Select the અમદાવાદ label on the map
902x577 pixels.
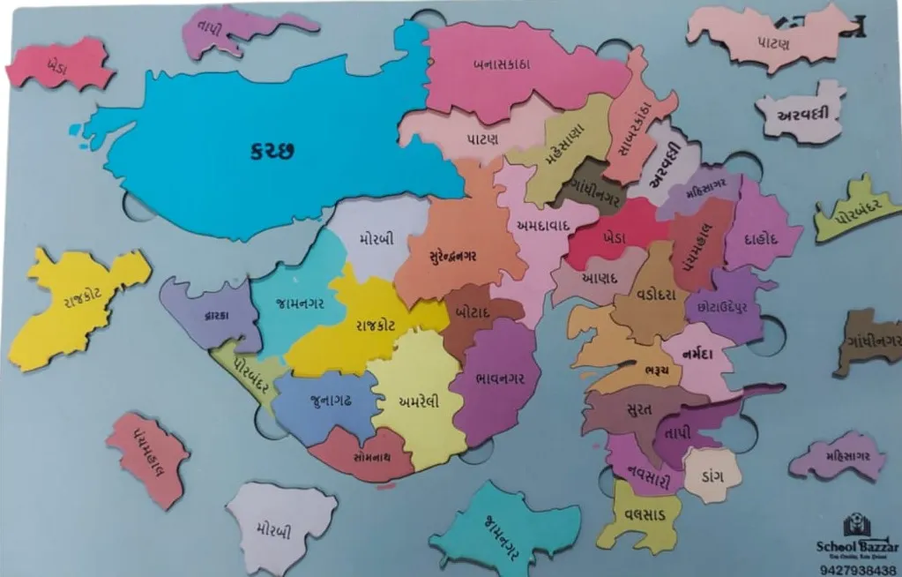541,227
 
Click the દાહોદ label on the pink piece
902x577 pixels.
759,237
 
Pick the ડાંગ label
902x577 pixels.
712,476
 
